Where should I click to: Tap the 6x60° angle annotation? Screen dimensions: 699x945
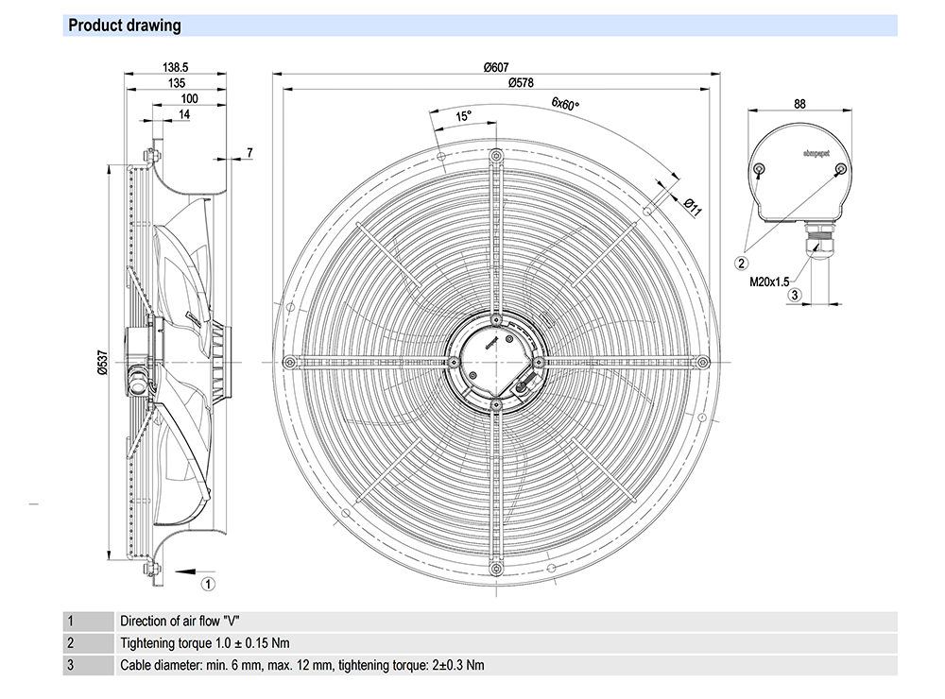tap(565, 104)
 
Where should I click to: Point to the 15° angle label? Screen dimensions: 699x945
tap(463, 116)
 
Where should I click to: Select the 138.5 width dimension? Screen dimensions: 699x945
tap(177, 67)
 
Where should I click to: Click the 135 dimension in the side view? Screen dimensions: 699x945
tap(175, 83)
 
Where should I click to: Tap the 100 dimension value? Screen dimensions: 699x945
tap(188, 99)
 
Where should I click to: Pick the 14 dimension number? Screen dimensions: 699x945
tap(183, 114)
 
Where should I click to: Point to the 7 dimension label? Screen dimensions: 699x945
tap(249, 152)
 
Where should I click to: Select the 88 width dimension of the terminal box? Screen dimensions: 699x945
tap(799, 104)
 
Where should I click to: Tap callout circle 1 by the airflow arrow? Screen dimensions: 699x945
tap(209, 571)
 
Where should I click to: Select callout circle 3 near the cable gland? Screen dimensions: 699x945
tap(795, 296)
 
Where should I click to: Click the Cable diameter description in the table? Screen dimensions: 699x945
tap(301, 665)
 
